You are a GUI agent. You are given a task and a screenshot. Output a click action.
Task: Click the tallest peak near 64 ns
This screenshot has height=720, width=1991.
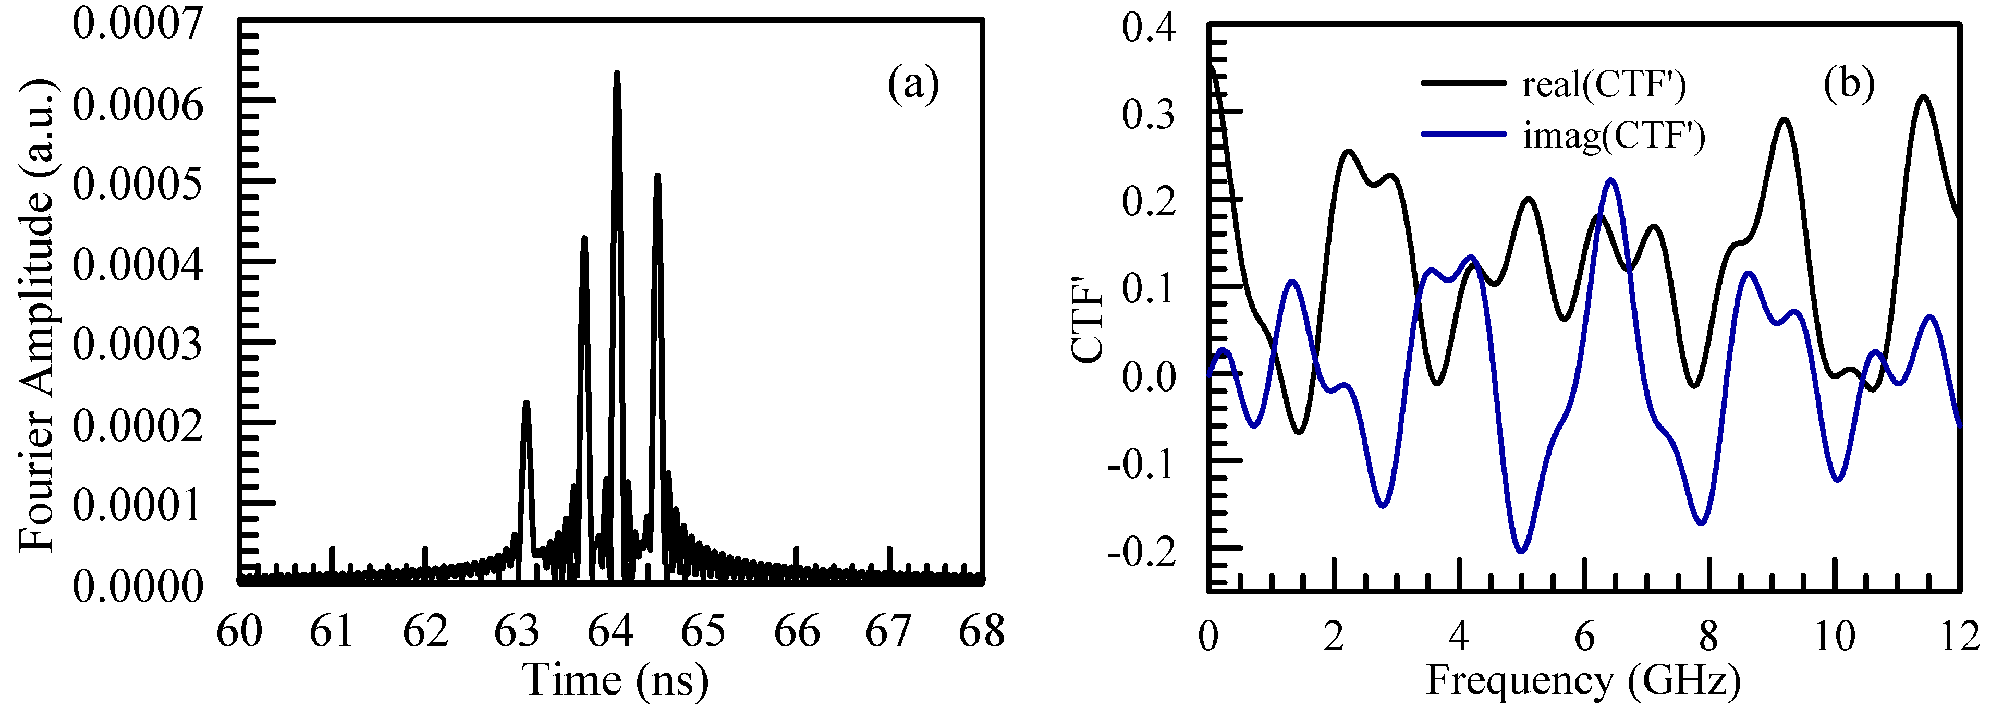point(616,74)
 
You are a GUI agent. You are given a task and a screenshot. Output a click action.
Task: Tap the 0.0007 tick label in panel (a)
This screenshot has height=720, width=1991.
point(138,23)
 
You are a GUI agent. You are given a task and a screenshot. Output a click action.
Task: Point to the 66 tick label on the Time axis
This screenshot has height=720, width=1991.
point(796,632)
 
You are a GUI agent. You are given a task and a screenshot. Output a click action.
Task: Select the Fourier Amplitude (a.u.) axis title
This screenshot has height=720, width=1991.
point(37,313)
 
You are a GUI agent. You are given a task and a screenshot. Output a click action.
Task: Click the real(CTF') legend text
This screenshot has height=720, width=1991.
point(1604,84)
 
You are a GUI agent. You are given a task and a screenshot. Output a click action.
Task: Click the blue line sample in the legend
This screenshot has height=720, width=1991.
point(1463,135)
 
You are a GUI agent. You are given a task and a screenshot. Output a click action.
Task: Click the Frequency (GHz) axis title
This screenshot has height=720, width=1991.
point(1583,680)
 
